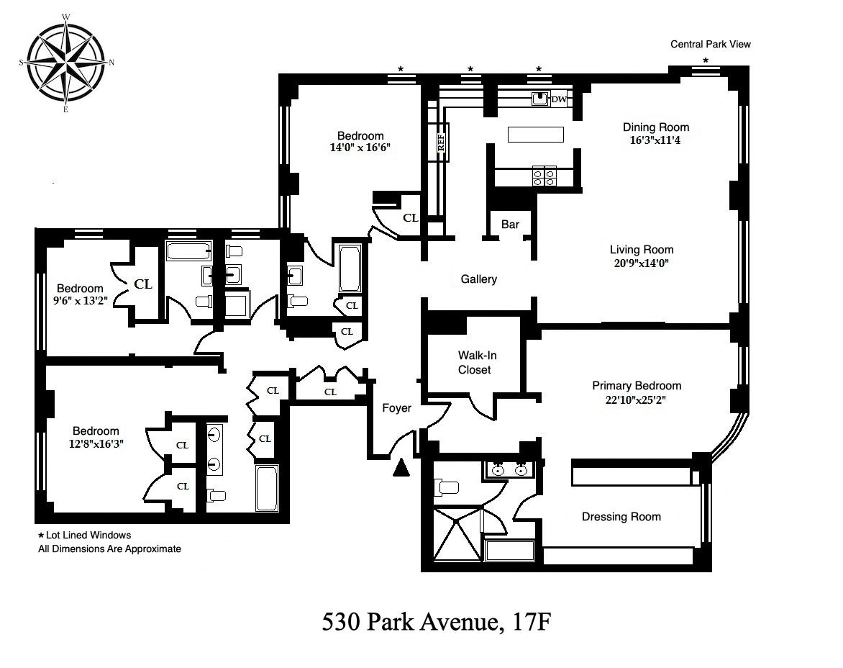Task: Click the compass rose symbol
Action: tap(66, 63)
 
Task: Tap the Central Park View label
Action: tap(710, 44)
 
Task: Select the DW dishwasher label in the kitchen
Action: tap(559, 99)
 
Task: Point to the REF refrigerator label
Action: tap(442, 142)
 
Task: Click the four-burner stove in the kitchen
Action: tap(544, 176)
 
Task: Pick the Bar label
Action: tap(510, 225)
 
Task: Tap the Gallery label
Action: tap(478, 279)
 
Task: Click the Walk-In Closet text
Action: tap(474, 363)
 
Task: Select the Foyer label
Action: tap(397, 408)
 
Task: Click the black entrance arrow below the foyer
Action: tap(401, 468)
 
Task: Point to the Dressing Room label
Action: tap(621, 517)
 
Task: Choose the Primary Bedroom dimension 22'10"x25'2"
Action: tap(636, 400)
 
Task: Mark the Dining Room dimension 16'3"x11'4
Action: tap(655, 141)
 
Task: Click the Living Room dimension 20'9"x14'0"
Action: tap(642, 263)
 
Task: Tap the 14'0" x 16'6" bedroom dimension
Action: tap(360, 148)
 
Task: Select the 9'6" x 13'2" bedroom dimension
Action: tap(80, 301)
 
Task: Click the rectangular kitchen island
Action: tap(536, 134)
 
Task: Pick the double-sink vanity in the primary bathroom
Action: tap(509, 469)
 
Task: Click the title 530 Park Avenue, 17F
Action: tap(437, 622)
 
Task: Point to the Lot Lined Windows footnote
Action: tap(84, 535)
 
